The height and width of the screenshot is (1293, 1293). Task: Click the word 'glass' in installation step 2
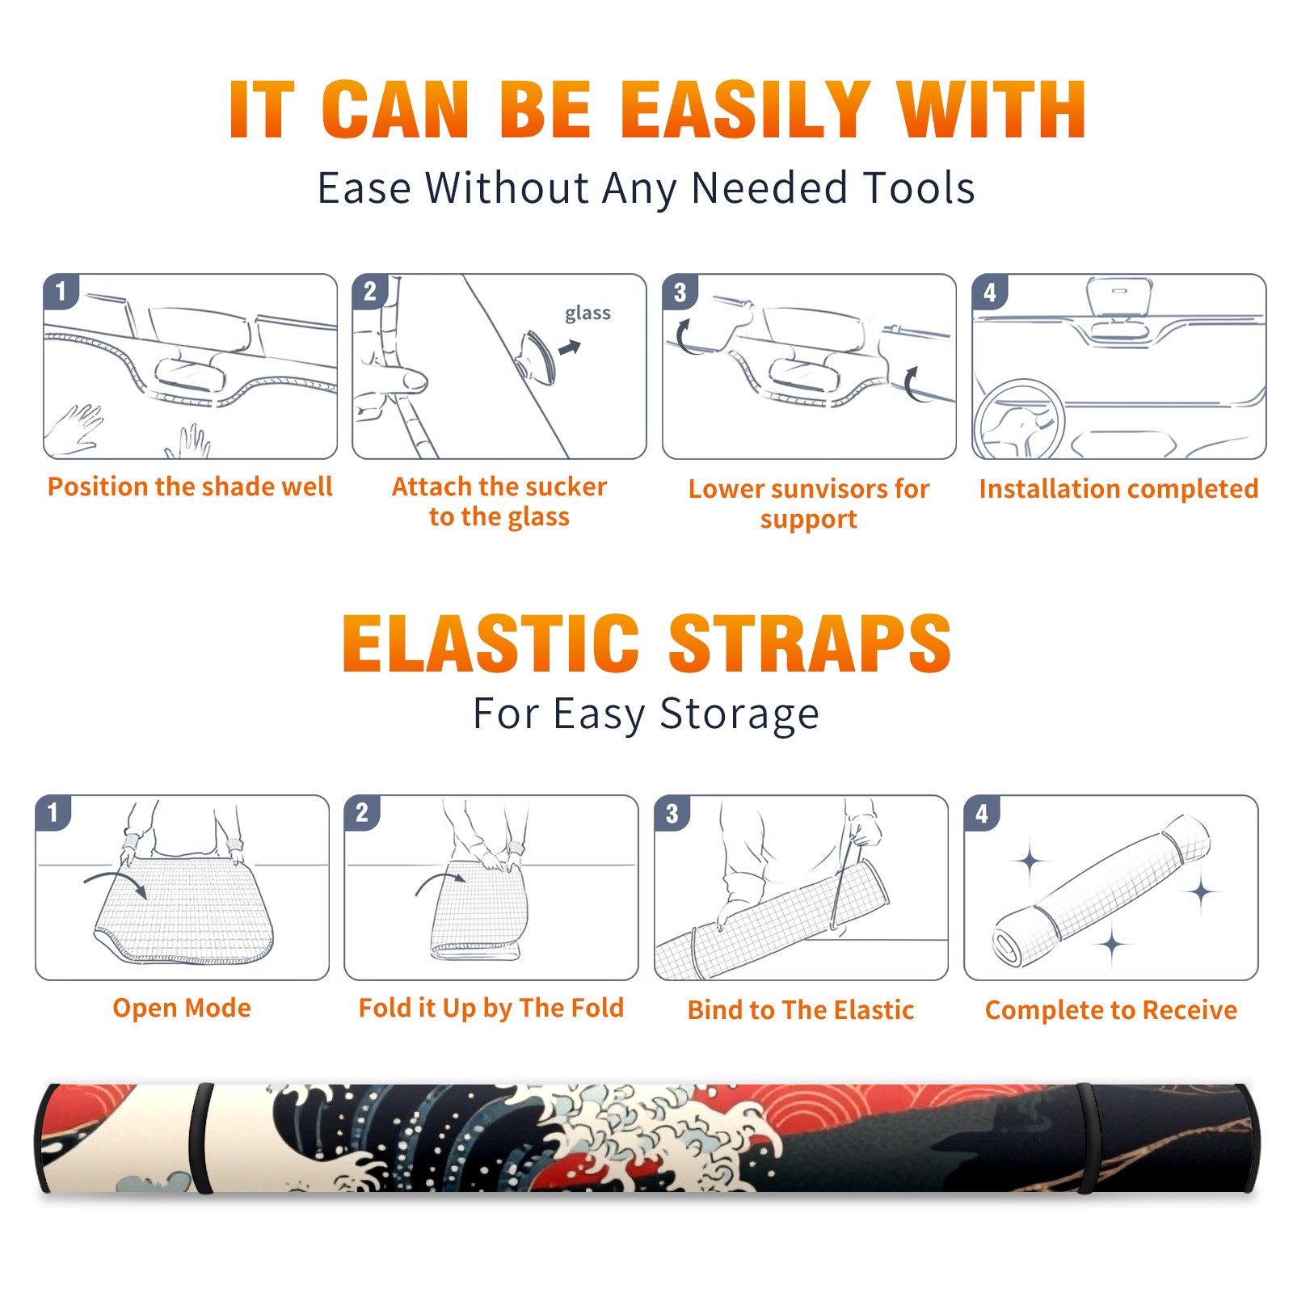[588, 314]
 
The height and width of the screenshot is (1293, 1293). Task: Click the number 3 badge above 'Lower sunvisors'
[680, 293]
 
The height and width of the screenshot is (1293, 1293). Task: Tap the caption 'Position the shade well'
[190, 486]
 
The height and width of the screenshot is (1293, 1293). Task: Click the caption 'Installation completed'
[1118, 489]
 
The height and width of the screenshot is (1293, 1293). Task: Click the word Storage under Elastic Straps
[739, 714]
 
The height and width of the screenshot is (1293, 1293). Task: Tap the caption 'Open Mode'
[182, 1008]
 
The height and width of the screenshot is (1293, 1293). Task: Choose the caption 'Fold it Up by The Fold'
[491, 1008]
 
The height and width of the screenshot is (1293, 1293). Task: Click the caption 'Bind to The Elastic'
[801, 1010]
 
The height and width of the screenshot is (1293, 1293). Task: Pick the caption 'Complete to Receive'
[1111, 1010]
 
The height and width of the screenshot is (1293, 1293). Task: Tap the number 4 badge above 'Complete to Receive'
[982, 814]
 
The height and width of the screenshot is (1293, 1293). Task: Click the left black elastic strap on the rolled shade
[201, 1138]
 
